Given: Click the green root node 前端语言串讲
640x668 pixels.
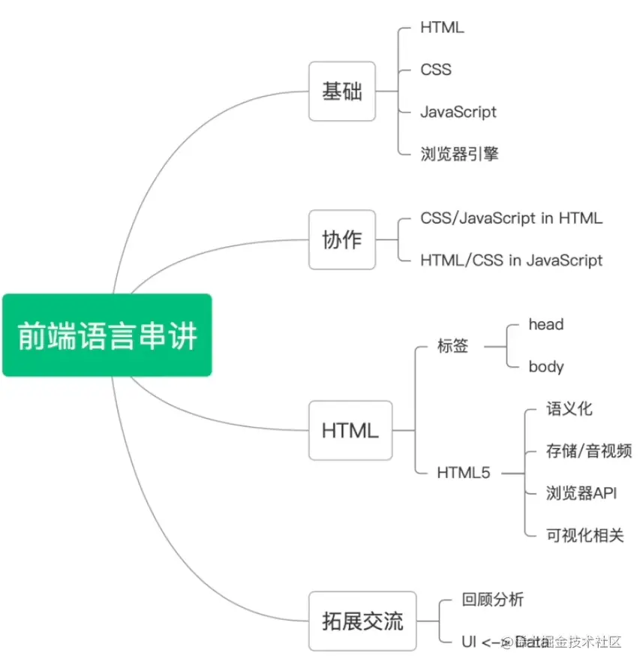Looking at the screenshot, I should tap(107, 336).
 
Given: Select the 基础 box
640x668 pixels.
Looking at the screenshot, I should tap(341, 92).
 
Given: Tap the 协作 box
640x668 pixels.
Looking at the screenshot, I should tap(341, 240).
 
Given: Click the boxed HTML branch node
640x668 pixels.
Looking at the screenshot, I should tap(350, 431).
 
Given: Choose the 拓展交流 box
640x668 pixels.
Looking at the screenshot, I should tap(362, 621).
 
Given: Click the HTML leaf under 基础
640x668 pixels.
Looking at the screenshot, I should tap(442, 28).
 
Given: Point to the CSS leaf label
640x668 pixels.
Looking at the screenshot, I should tap(436, 70).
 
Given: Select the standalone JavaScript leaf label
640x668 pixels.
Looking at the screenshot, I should tap(458, 112).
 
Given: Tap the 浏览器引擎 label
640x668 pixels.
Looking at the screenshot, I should tap(459, 154).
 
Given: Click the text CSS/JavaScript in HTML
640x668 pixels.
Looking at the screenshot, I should tap(511, 218).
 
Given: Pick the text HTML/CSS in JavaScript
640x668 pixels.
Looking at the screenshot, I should tap(511, 260).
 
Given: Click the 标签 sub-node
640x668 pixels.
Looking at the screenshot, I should tap(452, 346).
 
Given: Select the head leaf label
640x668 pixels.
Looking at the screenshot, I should tap(545, 324).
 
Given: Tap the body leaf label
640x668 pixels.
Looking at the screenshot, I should tap(545, 367).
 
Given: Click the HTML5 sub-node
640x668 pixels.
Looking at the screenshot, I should tap(463, 474).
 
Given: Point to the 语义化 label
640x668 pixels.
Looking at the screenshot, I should tap(569, 409).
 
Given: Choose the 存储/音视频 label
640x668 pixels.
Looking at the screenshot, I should tap(588, 451).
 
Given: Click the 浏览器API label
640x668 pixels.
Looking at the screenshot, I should tap(581, 493).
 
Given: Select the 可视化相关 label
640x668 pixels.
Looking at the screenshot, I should tap(584, 535).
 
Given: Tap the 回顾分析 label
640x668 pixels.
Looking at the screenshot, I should tap(492, 600).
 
